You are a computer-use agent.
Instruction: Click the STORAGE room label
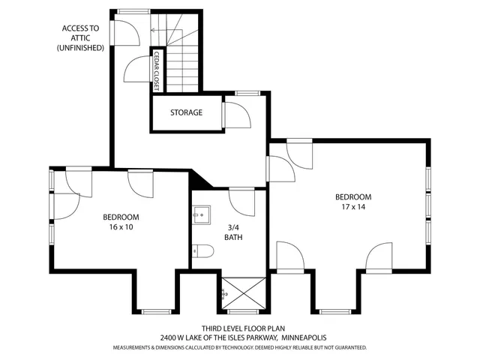tap(186, 112)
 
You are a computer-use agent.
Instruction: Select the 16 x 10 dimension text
tap(121, 226)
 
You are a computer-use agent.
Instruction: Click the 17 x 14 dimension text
tap(352, 206)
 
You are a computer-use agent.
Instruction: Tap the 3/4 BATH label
tap(233, 232)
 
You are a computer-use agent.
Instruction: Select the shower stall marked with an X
tap(242, 292)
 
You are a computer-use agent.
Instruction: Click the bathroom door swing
tap(241, 201)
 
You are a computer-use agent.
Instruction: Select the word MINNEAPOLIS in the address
tap(305, 338)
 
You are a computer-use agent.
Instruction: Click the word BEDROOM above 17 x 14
tap(352, 196)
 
